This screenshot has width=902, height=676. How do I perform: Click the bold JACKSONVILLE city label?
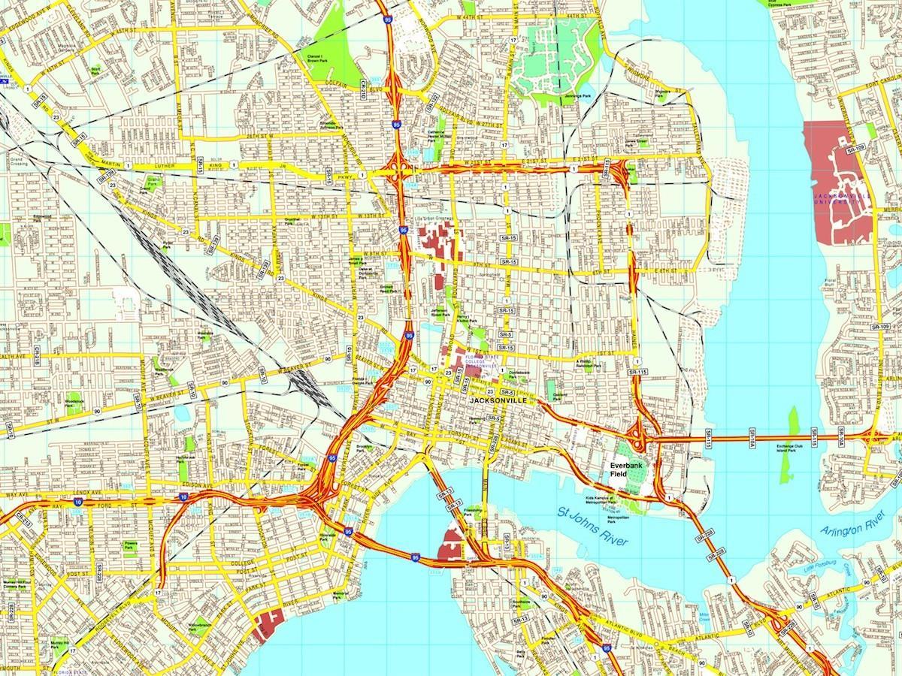tap(498, 401)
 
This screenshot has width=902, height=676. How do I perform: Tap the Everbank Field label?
tap(624, 469)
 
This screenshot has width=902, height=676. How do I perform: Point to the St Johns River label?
tap(593, 527)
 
